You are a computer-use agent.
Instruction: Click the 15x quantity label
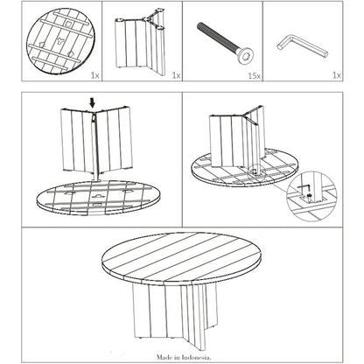point(254,76)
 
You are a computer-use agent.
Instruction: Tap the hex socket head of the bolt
point(243,59)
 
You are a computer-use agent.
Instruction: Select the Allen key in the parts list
point(302,46)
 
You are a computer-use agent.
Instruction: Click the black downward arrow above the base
point(93,102)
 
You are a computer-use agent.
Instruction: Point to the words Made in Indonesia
point(184,357)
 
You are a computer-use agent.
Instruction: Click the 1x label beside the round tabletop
point(95,76)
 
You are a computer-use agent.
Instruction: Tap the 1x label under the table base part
point(176,76)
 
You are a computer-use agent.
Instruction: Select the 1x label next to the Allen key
point(337,75)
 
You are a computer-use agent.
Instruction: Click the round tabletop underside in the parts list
point(61,40)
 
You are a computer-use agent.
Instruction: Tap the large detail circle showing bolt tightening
point(311,195)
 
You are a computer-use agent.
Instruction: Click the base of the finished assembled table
point(175,316)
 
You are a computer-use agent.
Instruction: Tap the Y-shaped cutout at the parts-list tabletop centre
point(61,41)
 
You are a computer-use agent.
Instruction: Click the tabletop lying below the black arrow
point(99,198)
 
